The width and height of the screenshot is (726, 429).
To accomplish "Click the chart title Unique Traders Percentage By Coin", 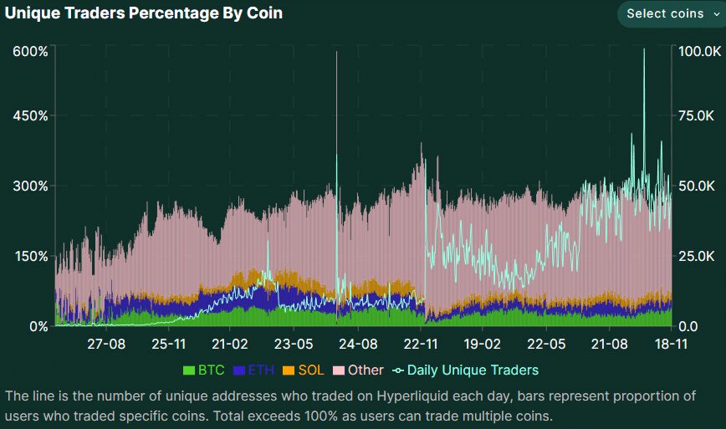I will point(144,14).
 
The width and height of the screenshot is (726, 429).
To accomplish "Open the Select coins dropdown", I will point(672,13).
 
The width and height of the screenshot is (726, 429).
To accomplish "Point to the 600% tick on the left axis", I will point(30,51).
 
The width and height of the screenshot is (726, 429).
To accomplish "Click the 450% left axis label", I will point(30,115).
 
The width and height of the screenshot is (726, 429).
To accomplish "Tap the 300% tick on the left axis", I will point(30,186).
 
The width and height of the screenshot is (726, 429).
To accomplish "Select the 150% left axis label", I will point(30,256).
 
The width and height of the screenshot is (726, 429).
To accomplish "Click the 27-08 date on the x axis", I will point(106,344).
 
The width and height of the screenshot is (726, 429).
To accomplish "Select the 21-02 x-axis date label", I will point(230,344).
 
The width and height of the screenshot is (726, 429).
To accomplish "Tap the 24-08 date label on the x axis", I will point(357,344).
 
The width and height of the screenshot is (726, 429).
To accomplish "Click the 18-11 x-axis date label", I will point(671,344).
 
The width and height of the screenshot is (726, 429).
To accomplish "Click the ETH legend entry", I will point(253,370).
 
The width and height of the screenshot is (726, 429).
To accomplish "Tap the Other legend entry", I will point(359,370).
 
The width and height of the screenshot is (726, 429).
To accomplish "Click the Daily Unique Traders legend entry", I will point(466,370).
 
